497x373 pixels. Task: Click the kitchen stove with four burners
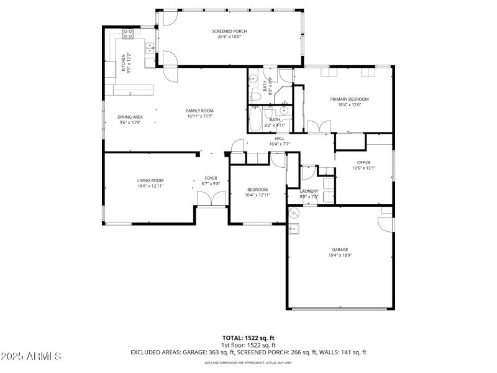(128, 34)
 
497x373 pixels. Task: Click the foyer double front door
(211, 199)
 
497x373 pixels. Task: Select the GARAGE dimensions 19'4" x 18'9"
(340, 255)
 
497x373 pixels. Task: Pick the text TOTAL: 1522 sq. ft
(248, 338)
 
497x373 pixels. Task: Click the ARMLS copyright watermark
(31, 356)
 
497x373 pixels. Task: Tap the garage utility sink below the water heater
(294, 229)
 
